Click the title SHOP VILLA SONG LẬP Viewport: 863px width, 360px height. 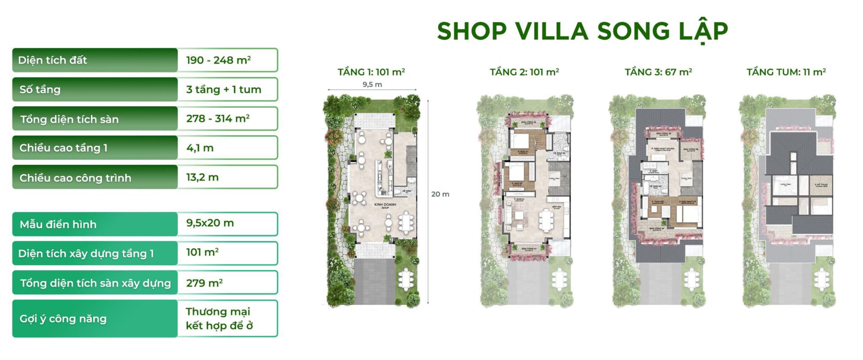[582, 31]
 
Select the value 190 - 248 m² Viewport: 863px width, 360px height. [218, 60]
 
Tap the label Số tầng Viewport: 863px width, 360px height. [40, 89]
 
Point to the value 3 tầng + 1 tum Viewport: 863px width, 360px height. [223, 89]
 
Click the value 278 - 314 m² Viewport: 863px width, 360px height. [218, 119]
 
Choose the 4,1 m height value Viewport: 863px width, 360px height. [200, 148]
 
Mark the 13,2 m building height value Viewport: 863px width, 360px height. [202, 178]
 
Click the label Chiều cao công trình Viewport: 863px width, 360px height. [75, 178]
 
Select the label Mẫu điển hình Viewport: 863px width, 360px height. [58, 224]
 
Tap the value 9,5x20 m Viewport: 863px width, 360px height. [210, 223]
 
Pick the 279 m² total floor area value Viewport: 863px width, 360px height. [205, 283]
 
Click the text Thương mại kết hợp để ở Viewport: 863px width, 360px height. [219, 319]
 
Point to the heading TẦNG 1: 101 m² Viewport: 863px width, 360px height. [371, 72]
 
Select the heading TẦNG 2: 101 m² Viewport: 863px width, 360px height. [524, 72]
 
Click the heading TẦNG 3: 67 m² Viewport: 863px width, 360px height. [658, 72]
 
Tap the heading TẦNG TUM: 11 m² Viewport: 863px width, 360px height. [786, 72]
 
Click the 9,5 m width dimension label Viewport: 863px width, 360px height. [372, 84]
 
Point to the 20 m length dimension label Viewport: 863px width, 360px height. [440, 194]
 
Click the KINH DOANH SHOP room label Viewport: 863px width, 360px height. [385, 206]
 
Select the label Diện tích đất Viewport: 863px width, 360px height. [53, 60]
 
